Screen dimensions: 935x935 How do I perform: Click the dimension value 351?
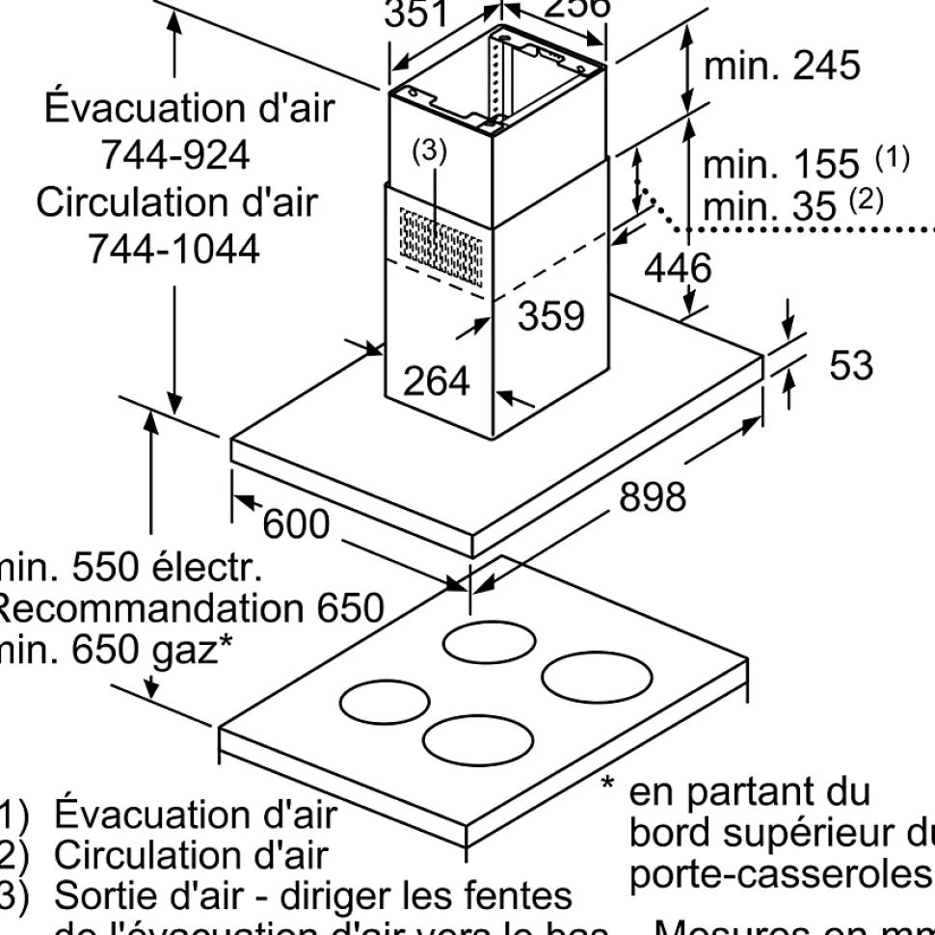click(416, 13)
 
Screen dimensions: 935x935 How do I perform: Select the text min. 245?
click(781, 66)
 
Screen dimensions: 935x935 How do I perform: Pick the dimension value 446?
click(678, 268)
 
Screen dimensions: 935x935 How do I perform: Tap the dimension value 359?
click(551, 315)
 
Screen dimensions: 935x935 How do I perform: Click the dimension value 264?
click(436, 382)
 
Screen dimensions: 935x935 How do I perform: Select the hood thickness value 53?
click(850, 365)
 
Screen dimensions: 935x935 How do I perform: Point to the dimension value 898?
click(652, 496)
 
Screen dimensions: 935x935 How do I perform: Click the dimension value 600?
click(296, 524)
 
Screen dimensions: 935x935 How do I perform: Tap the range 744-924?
click(175, 154)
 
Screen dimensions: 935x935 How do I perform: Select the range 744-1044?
click(174, 250)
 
